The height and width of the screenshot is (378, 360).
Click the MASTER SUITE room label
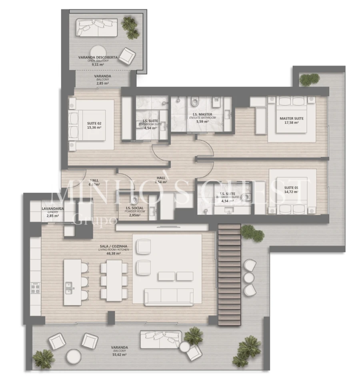pos(291,118)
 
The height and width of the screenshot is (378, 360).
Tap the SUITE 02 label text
pos(94,123)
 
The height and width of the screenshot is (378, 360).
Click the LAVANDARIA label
pos(50,209)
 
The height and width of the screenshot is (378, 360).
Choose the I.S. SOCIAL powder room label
pos(134,208)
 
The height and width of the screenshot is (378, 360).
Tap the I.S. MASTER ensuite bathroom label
pos(202,114)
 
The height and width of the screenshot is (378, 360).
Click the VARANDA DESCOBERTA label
pos(98,58)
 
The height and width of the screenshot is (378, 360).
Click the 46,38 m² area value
pos(113,254)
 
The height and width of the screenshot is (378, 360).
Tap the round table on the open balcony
pos(97,51)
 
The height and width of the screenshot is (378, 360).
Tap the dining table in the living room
pos(114,280)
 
